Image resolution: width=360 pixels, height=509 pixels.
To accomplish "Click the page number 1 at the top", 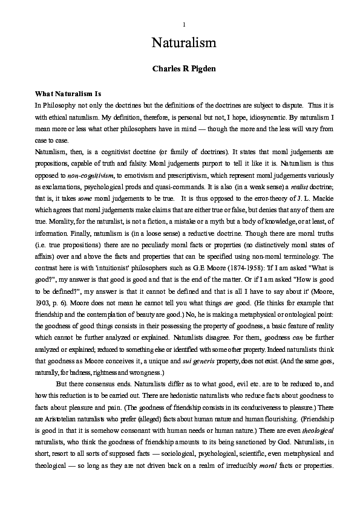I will pyautogui.click(x=183, y=24).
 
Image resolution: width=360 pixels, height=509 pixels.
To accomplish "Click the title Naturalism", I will pyautogui.click(x=180, y=44).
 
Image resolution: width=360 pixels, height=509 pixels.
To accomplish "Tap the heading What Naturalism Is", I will pyautogui.click(x=67, y=94).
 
